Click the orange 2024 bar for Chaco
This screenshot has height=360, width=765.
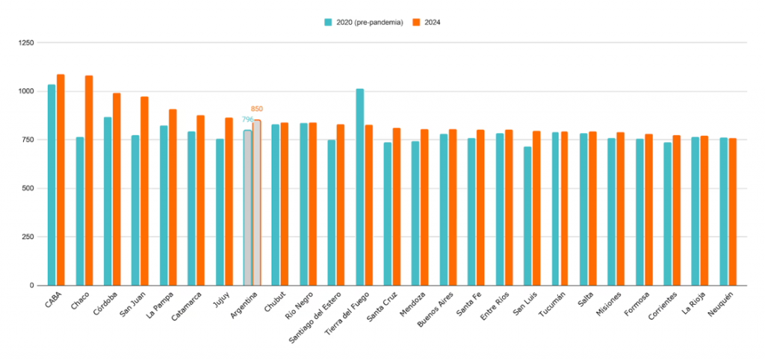pos(89,180)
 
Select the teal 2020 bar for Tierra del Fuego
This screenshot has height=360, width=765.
pos(360,187)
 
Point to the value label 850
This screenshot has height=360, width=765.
pos(257,109)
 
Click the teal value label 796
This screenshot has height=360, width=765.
pos(247,120)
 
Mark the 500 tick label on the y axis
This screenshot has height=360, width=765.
pos(28,188)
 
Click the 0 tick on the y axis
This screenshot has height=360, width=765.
pos(32,285)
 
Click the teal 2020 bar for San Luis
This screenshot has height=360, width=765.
pos(528,216)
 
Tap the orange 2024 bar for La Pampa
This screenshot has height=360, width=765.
pos(173,197)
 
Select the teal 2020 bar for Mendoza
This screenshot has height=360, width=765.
pos(415,213)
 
